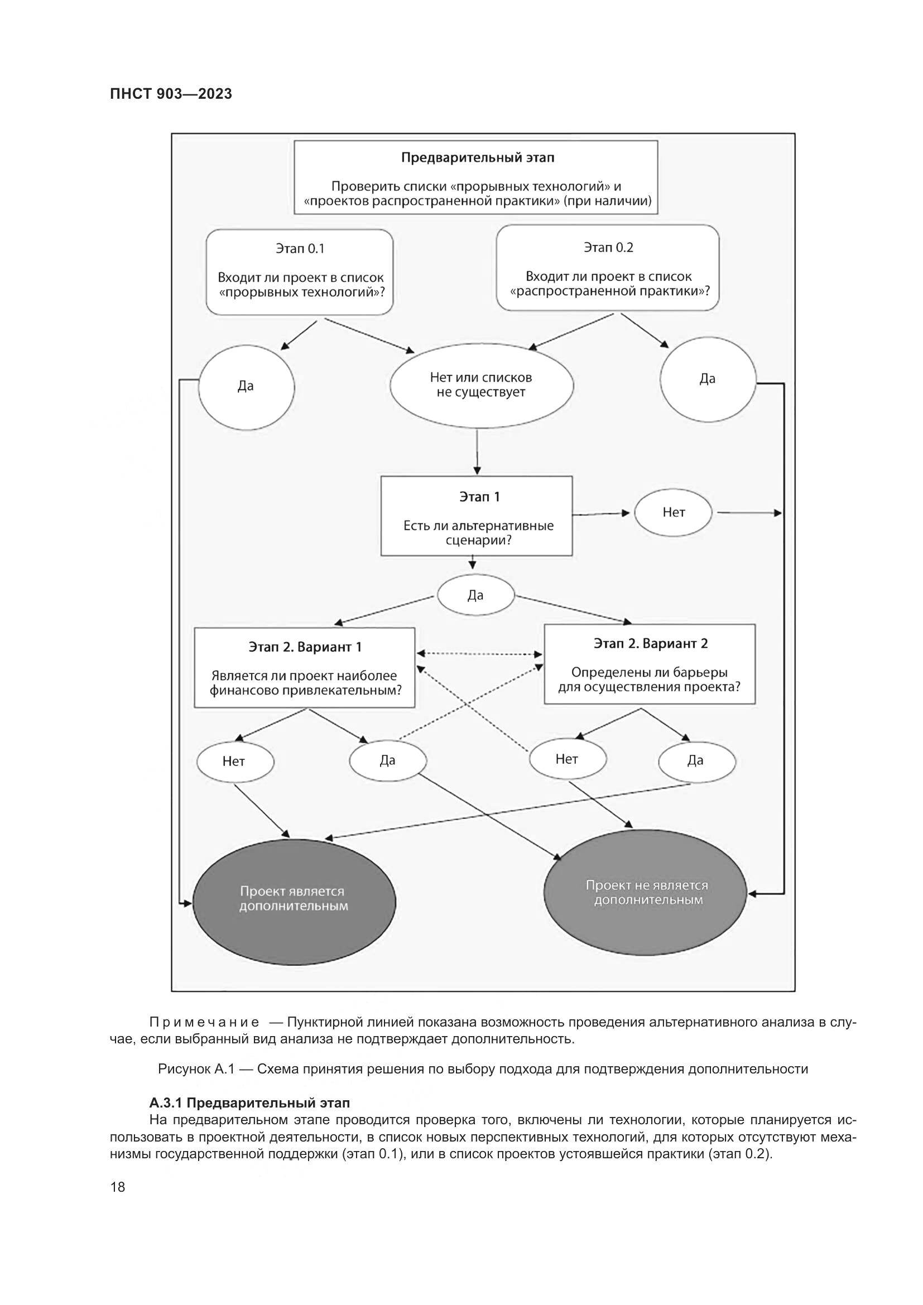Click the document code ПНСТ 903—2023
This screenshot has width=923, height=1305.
[x=171, y=94]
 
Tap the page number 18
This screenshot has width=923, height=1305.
[x=118, y=1187]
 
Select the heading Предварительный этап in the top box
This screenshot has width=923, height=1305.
[x=478, y=157]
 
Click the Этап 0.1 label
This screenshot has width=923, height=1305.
[x=300, y=248]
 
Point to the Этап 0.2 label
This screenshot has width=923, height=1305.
[x=608, y=247]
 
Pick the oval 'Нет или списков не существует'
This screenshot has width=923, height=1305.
[x=482, y=386]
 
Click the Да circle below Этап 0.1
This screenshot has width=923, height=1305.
[x=246, y=387]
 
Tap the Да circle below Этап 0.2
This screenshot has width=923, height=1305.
[x=708, y=379]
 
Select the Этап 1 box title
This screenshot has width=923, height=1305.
[x=479, y=497]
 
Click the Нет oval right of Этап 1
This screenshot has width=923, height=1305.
[x=674, y=513]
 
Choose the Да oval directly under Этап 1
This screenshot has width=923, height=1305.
[x=475, y=595]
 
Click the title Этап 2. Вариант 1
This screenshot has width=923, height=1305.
[x=305, y=647]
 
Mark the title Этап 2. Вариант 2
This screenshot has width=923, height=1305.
[x=650, y=643]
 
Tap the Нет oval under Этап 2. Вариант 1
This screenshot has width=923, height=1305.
[x=234, y=762]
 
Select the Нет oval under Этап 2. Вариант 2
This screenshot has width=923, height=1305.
[x=567, y=759]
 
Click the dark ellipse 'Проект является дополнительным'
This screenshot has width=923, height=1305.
[x=294, y=899]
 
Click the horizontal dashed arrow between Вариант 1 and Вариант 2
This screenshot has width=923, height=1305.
[x=480, y=654]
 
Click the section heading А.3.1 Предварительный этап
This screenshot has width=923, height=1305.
[x=249, y=1103]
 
